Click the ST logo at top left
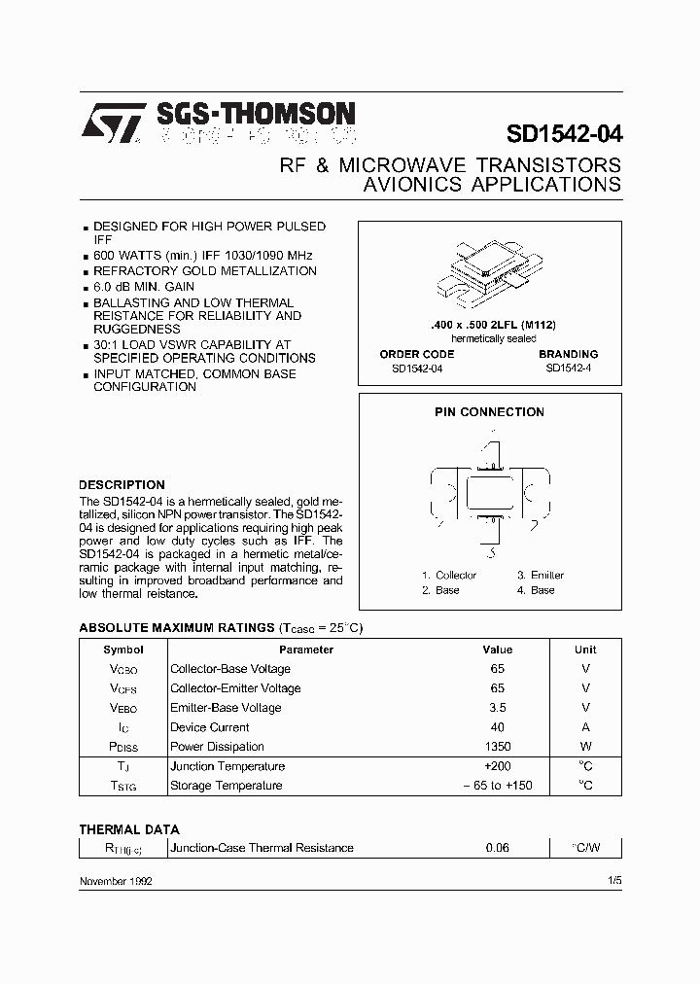point(111,124)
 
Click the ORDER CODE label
point(416,354)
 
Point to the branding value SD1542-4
point(568,368)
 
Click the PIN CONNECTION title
point(489,412)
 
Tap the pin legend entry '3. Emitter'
point(541,575)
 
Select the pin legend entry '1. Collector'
point(449,575)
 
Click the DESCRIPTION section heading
point(122,484)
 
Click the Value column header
point(497,650)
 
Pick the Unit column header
point(585,650)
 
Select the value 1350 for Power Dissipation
point(497,747)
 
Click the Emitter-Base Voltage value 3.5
point(497,708)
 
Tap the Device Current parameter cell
point(210,727)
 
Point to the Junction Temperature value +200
point(497,766)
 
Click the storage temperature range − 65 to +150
point(497,786)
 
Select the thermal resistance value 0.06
point(497,848)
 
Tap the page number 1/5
point(612,880)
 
